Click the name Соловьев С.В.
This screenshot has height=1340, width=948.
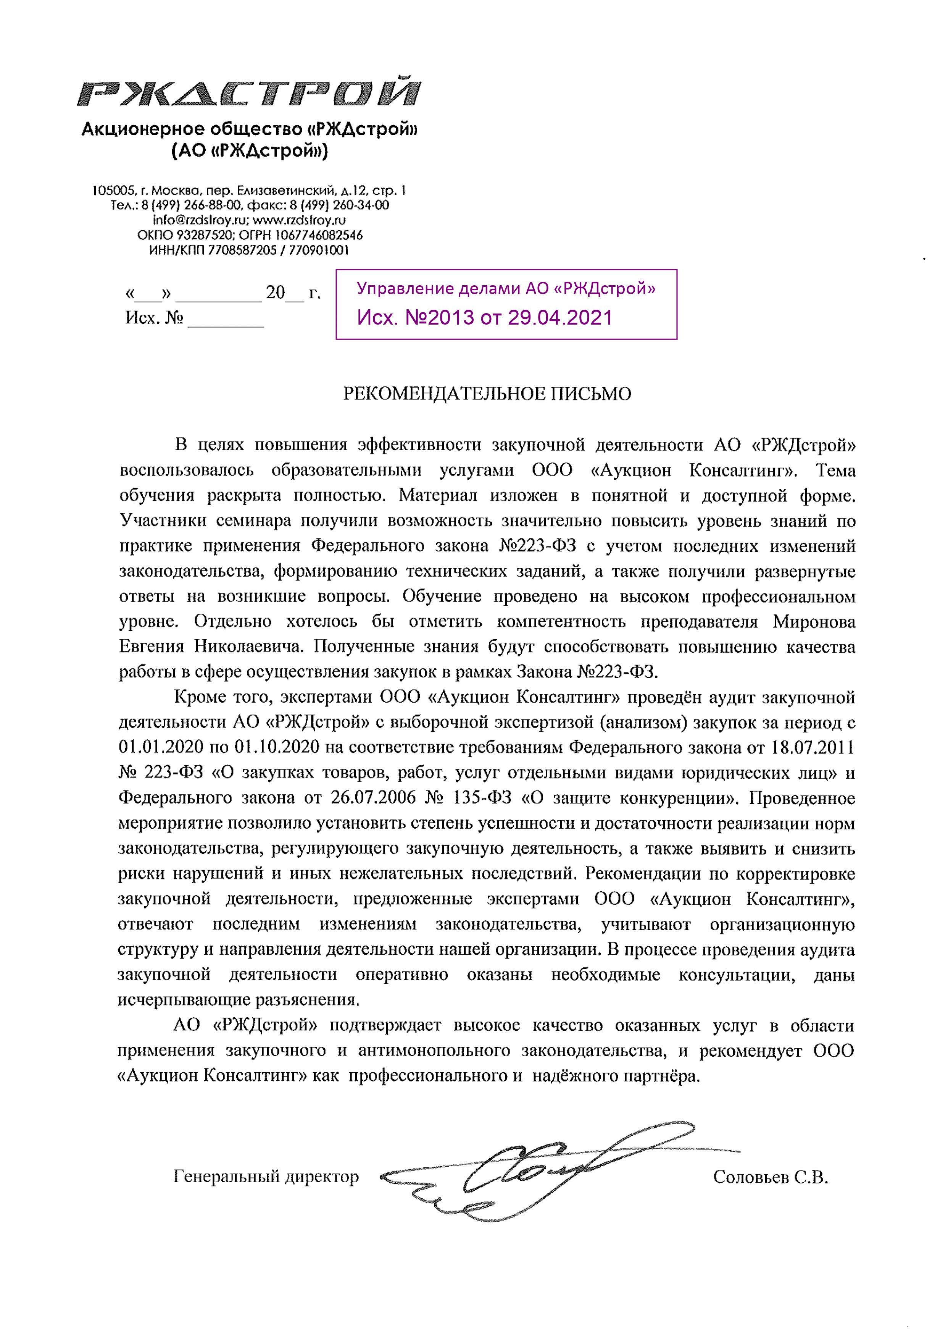[771, 1177]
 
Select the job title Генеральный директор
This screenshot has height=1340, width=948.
[266, 1177]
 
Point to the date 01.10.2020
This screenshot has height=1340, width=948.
[277, 748]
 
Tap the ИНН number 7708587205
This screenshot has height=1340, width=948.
[242, 251]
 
